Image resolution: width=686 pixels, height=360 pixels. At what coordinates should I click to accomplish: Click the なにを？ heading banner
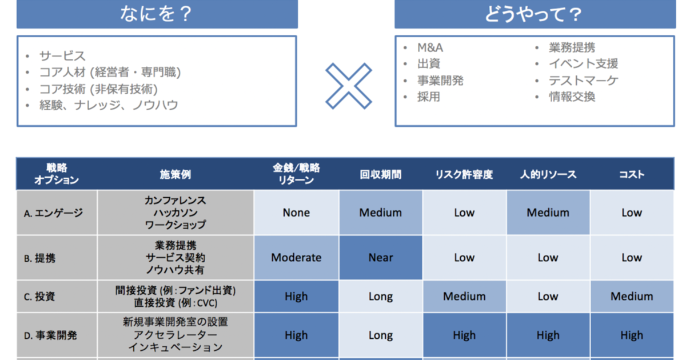tap(157, 14)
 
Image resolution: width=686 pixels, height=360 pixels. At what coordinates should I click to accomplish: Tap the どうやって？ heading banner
tap(535, 14)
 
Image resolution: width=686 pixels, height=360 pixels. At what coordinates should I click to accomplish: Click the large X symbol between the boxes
tap(349, 86)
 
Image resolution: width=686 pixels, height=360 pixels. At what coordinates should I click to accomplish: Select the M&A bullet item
tap(430, 48)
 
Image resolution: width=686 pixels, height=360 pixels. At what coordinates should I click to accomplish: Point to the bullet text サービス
tap(62, 56)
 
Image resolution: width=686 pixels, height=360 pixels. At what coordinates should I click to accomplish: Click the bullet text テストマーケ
tap(584, 81)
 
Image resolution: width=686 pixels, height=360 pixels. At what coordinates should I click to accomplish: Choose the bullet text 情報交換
tap(572, 97)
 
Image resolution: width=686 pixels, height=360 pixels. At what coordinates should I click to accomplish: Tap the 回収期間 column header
tap(380, 174)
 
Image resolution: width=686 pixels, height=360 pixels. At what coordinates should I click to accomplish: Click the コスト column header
tap(632, 174)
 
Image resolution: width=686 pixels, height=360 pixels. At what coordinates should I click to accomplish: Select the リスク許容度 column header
tap(464, 174)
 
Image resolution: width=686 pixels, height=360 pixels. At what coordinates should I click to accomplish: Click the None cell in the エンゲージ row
tap(296, 213)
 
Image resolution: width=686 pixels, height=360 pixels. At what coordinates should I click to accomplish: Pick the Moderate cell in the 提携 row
tap(296, 258)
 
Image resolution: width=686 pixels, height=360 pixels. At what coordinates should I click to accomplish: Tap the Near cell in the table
tap(380, 258)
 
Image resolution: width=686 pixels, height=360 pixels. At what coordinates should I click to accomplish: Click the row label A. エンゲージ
tap(53, 213)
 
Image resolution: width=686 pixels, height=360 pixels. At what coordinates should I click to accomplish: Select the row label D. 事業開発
tap(50, 335)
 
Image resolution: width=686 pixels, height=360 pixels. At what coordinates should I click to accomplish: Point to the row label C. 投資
tap(39, 297)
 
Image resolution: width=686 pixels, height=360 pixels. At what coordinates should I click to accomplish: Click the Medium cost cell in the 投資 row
tap(632, 297)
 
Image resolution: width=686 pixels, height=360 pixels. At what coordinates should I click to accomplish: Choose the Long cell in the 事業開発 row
tap(380, 335)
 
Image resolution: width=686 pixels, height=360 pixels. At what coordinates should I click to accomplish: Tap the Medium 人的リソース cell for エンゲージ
tap(548, 213)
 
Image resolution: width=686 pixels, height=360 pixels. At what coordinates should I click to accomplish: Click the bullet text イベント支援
tap(584, 63)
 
